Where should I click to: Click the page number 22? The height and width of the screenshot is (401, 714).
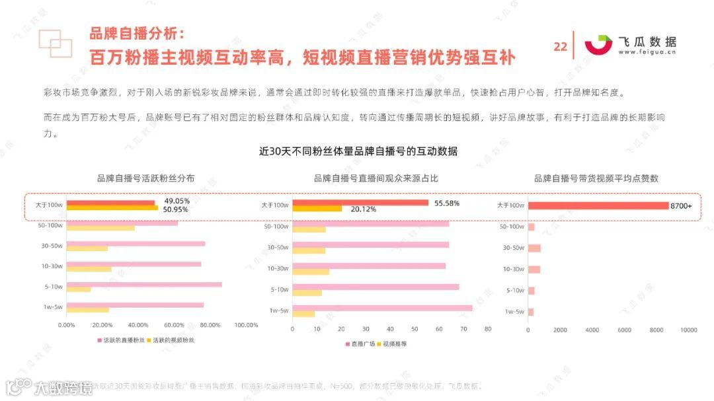tap(560, 46)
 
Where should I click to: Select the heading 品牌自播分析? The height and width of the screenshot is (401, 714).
tap(138, 33)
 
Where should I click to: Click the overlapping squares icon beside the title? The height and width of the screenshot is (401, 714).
tap(55, 42)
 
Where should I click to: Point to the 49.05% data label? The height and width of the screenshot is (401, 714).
tap(177, 201)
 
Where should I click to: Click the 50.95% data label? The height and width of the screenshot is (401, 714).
tap(176, 209)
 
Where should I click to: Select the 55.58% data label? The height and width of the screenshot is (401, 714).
tap(447, 203)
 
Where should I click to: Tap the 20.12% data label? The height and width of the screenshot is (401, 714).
tap(364, 209)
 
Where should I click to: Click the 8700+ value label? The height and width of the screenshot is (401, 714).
tap(681, 206)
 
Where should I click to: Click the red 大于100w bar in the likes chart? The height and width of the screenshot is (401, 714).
tap(598, 206)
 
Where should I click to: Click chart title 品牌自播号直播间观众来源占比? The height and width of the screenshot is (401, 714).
tap(376, 178)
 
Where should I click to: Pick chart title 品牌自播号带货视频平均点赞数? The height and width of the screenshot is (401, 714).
tap(596, 178)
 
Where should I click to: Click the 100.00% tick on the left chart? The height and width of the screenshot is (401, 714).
tap(246, 325)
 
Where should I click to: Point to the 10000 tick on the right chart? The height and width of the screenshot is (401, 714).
tap(689, 330)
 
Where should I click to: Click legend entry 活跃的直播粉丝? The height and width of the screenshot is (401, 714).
tap(120, 340)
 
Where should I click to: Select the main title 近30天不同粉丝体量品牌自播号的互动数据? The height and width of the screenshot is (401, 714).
tap(358, 151)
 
